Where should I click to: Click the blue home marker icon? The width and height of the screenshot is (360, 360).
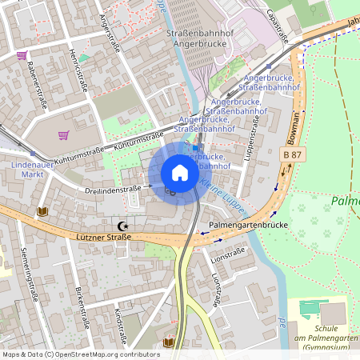(180, 173)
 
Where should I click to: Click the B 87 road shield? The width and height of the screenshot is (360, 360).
(294, 153)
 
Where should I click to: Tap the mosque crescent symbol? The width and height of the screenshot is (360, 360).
(122, 227)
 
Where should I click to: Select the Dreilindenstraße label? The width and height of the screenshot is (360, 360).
(113, 190)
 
